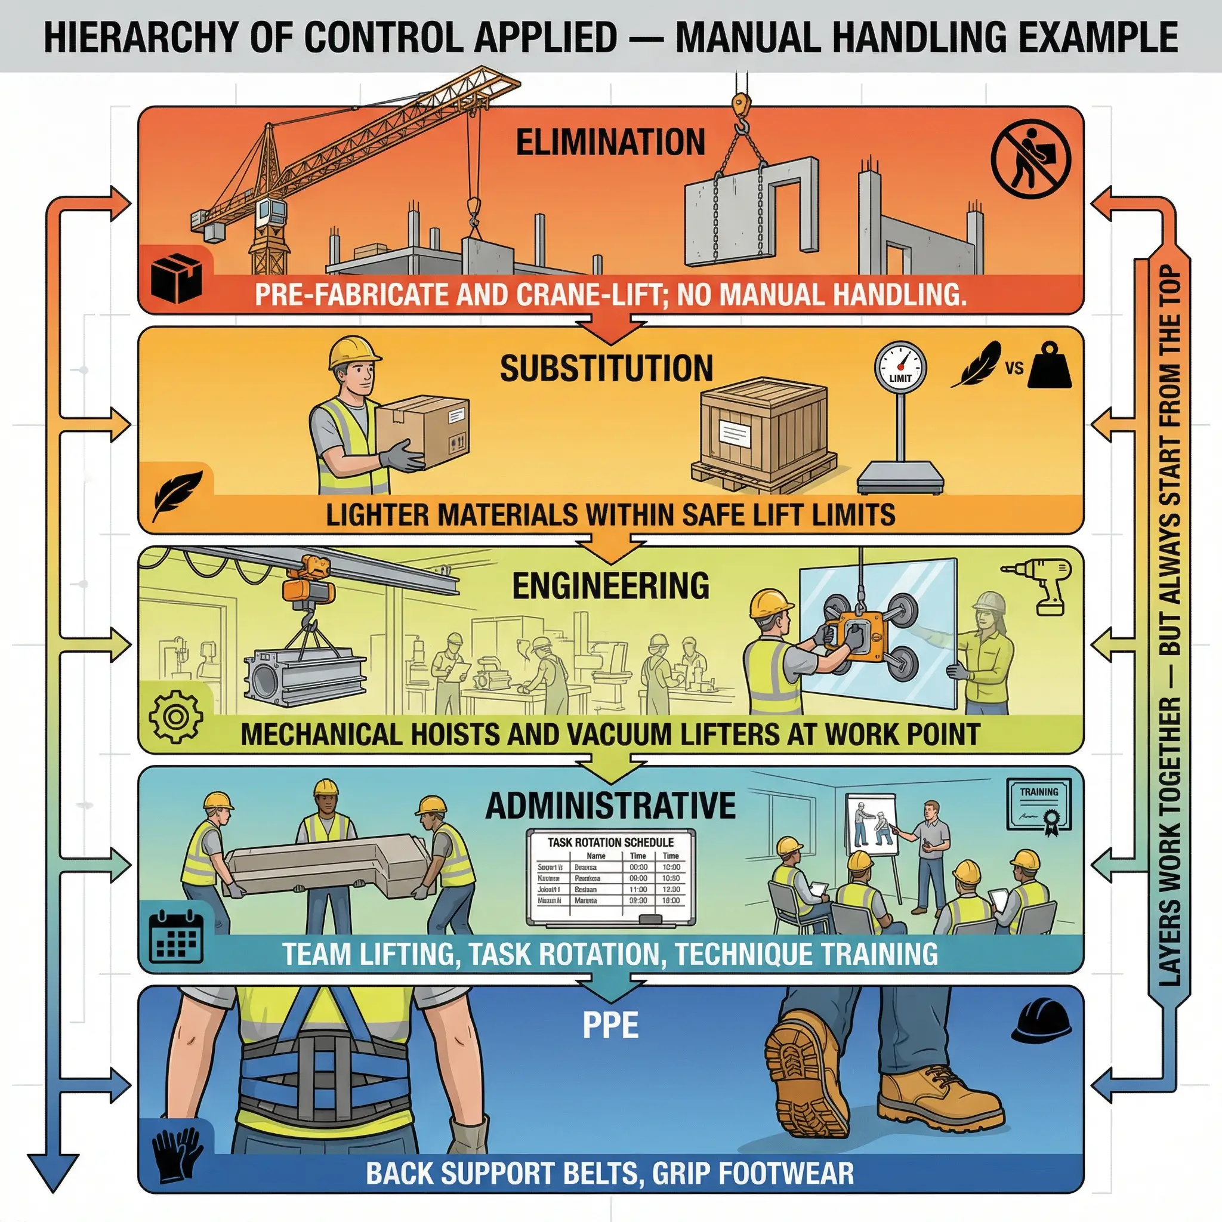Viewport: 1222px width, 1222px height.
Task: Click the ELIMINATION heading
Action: coord(610,141)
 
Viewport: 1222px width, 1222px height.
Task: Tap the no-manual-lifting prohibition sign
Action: coord(1030,159)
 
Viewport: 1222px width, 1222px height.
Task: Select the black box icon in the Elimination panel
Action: coord(177,278)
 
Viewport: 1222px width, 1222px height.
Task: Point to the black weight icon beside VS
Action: coord(1050,366)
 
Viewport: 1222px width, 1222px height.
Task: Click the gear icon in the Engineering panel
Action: coord(176,717)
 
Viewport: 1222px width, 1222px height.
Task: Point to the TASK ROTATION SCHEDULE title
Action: coord(610,843)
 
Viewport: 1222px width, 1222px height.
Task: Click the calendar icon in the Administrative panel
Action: coord(177,937)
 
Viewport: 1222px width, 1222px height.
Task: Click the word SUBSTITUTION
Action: coord(606,368)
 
